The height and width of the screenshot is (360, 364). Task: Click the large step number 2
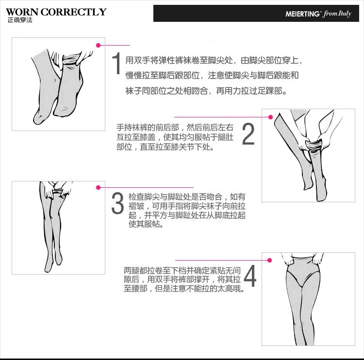pyautogui.click(x=248, y=134)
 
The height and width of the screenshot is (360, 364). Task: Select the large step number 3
pyautogui.click(x=117, y=203)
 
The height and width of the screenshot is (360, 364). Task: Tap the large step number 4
pyautogui.click(x=250, y=276)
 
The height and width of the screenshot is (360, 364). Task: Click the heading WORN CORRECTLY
pyautogui.click(x=56, y=12)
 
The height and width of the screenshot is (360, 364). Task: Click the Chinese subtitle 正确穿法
pyautogui.click(x=19, y=20)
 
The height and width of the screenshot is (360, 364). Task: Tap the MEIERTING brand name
pyautogui.click(x=303, y=14)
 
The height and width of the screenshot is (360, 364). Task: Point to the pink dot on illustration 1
pyautogui.click(x=98, y=45)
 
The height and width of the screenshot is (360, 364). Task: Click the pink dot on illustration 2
pyautogui.click(x=271, y=116)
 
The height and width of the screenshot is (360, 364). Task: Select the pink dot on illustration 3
pyautogui.click(x=98, y=187)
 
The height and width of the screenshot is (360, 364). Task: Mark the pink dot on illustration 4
pyautogui.click(x=270, y=260)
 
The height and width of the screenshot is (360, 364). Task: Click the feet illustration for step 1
pyautogui.click(x=58, y=84)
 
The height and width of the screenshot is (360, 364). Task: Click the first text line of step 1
pyautogui.click(x=214, y=61)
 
